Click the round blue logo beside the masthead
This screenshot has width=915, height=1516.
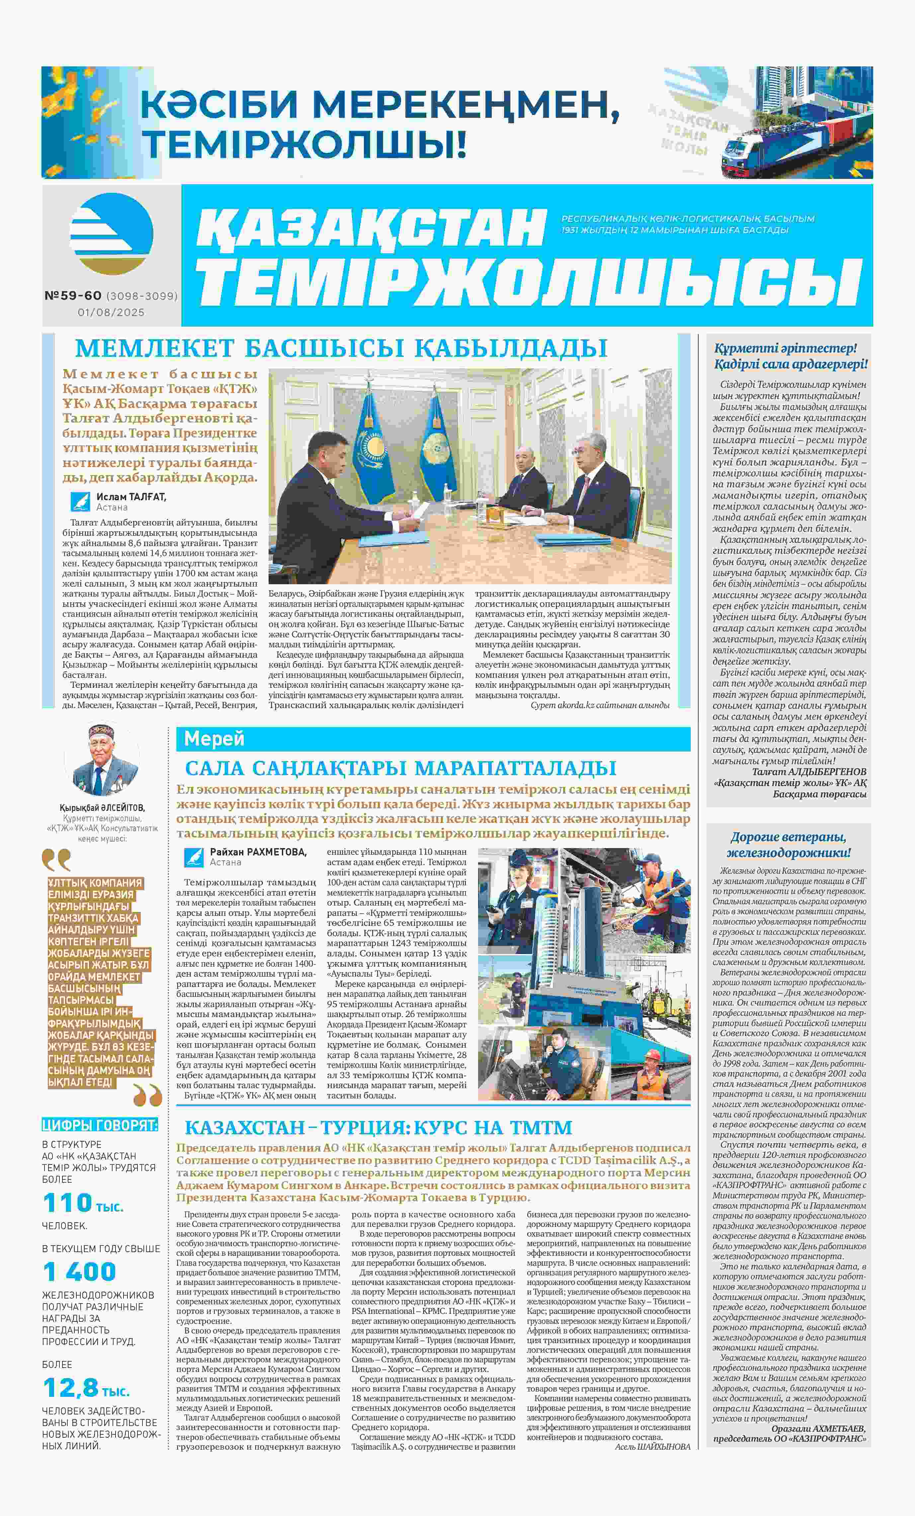pyautogui.click(x=111, y=234)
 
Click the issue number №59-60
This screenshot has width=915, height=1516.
pyautogui.click(x=73, y=296)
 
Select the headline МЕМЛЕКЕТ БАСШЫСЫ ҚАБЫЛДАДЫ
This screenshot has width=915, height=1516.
pyautogui.click(x=341, y=348)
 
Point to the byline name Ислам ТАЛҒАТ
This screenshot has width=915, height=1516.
pyautogui.click(x=131, y=497)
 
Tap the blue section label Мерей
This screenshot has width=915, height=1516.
pyautogui.click(x=214, y=738)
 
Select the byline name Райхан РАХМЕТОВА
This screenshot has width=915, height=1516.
pyautogui.click(x=258, y=852)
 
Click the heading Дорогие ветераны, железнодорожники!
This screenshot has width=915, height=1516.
pyautogui.click(x=789, y=845)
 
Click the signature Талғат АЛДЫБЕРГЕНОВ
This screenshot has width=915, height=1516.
pyautogui.click(x=809, y=771)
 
